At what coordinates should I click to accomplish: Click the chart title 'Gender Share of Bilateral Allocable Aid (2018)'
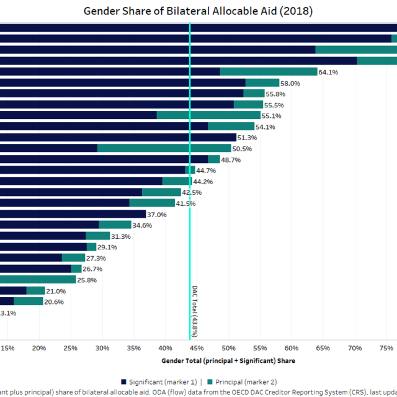pos(198,11)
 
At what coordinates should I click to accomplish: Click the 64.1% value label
pos(328,72)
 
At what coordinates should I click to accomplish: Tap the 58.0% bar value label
pos(290,83)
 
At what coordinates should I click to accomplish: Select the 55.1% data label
pos(271,116)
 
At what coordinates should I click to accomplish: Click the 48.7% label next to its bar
pos(231,160)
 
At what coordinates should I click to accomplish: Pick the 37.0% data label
pos(157,215)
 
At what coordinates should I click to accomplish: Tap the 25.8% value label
pos(87,280)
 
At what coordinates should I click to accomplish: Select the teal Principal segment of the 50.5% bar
pos(164,148)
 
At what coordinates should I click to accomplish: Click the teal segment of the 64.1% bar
pos(269,71)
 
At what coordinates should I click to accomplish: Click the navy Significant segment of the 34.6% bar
pos(50,225)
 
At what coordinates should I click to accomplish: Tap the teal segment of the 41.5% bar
pos(152,203)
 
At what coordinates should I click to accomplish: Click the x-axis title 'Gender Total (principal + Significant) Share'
pos(228,360)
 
